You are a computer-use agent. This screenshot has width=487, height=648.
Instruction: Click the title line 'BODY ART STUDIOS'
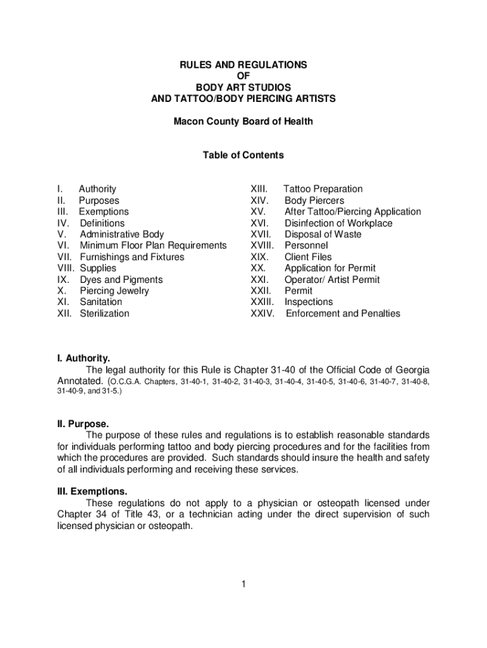[243, 87]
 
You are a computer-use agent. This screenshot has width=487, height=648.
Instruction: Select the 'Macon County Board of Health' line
[243, 121]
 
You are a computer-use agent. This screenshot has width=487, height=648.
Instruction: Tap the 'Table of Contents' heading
[243, 155]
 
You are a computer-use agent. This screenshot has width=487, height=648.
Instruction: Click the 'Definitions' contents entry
[102, 223]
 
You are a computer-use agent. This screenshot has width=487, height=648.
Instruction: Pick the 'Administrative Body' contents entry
[121, 235]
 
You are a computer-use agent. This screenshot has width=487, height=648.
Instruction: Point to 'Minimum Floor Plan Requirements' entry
[153, 246]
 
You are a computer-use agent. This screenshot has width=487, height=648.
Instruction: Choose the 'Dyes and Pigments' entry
[121, 280]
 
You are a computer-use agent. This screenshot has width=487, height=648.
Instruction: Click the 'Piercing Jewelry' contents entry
[114, 291]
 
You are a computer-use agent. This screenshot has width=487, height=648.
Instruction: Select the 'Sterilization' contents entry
[104, 314]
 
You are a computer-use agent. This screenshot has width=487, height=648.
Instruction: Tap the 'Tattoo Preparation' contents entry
[323, 189]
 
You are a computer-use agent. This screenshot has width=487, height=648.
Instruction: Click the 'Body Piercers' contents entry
[314, 201]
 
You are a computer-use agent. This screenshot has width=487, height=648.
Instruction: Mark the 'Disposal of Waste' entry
[323, 235]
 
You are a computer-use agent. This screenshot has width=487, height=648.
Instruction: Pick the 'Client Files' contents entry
[308, 257]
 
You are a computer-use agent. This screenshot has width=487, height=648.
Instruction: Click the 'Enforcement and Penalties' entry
[343, 314]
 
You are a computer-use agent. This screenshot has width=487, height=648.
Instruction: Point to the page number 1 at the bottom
[243, 584]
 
